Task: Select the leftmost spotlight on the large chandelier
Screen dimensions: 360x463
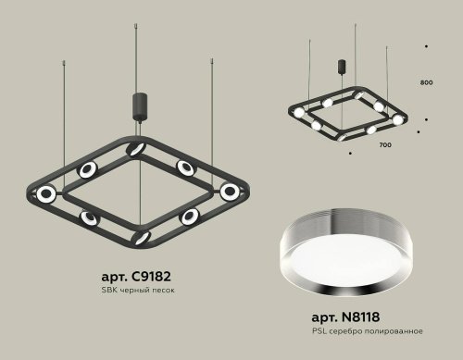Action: [x=44, y=192]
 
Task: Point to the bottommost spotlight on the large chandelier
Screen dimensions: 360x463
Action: [x=141, y=237]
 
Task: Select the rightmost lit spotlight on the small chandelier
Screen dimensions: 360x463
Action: [x=399, y=119]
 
